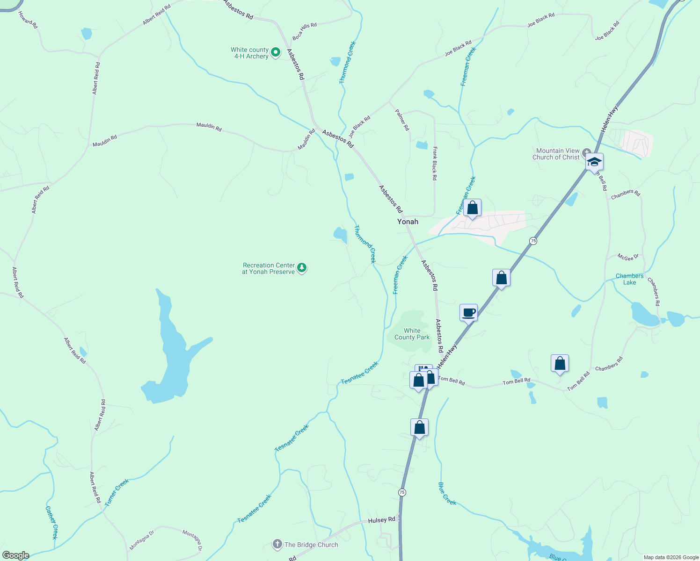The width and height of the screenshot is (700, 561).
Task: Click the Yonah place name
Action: pyautogui.click(x=408, y=222)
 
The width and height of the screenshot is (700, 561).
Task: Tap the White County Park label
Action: pyautogui.click(x=412, y=334)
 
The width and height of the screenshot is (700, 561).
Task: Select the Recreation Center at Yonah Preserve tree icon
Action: pyautogui.click(x=302, y=268)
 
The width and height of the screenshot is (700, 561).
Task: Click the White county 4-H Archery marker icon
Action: pyautogui.click(x=276, y=52)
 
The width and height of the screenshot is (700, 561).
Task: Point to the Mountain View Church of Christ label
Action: pyautogui.click(x=557, y=154)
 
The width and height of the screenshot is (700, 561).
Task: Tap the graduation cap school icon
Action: pyautogui.click(x=594, y=162)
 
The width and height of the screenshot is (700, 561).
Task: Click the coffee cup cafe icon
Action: pyautogui.click(x=468, y=313)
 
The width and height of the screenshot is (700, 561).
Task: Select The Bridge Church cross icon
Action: pyautogui.click(x=277, y=544)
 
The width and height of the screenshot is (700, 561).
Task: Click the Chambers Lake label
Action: pyautogui.click(x=629, y=279)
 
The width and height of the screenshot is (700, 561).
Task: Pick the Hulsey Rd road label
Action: pyautogui.click(x=381, y=520)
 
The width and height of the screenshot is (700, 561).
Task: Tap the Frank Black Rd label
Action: pyautogui.click(x=435, y=163)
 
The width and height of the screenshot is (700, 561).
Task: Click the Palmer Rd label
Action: pyautogui.click(x=402, y=120)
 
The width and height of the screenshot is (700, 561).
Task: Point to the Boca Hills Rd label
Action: pyautogui.click(x=305, y=31)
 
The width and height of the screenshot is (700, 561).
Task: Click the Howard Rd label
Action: pyautogui.click(x=28, y=20)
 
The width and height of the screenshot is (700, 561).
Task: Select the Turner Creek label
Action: pyautogui.click(x=117, y=493)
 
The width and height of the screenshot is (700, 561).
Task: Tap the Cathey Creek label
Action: pyautogui.click(x=51, y=522)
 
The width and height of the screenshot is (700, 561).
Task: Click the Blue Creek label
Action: pyautogui.click(x=447, y=493)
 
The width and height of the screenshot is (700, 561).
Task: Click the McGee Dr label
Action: pyautogui.click(x=628, y=257)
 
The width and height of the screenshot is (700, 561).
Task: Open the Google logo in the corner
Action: pyautogui.click(x=15, y=555)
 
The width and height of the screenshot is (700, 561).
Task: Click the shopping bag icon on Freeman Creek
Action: pyautogui.click(x=473, y=208)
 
